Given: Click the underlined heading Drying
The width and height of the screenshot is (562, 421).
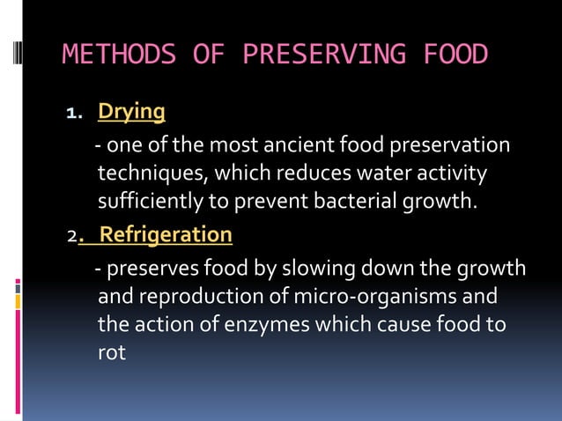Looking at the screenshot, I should click(x=131, y=112).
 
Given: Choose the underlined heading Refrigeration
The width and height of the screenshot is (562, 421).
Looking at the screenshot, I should click(x=166, y=235).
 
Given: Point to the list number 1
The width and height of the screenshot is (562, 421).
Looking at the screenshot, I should click(x=74, y=114).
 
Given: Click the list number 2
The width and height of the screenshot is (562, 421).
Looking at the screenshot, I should click(x=71, y=237).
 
